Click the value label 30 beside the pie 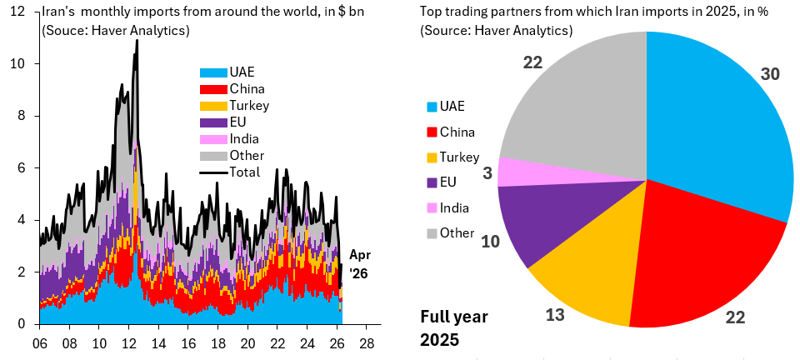pyautogui.click(x=770, y=74)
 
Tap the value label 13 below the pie pyautogui.click(x=555, y=315)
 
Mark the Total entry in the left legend pyautogui.click(x=231, y=172)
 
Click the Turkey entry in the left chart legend pyautogui.click(x=235, y=106)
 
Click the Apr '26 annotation pyautogui.click(x=360, y=264)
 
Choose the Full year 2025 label pyautogui.click(x=454, y=327)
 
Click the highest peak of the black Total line pyautogui.click(x=137, y=40)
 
